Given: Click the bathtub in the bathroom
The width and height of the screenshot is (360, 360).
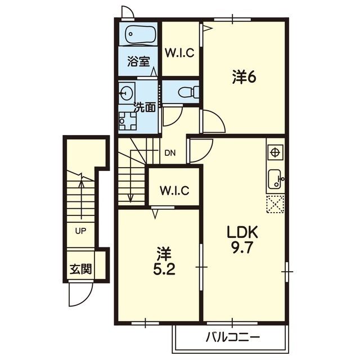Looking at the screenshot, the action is (x=141, y=34).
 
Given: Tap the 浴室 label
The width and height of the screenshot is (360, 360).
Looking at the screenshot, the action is (x=139, y=61).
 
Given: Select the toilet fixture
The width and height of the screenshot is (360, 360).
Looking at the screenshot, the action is (x=188, y=92).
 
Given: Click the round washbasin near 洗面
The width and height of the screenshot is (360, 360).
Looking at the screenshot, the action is (x=126, y=93).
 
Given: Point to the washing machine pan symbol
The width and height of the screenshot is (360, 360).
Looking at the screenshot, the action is (x=128, y=121).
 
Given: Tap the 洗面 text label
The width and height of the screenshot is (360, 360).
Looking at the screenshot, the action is (x=145, y=107).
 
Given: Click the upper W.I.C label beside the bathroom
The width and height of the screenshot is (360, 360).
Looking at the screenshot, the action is (x=180, y=53).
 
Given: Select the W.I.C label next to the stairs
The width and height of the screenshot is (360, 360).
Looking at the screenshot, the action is (x=174, y=190).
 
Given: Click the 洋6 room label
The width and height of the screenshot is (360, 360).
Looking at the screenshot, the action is (x=244, y=77).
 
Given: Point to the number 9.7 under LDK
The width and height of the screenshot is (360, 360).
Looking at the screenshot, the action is (x=242, y=247).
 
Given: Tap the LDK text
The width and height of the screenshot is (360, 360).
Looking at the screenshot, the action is (x=242, y=232).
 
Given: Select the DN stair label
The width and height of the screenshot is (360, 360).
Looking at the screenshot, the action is (x=170, y=153).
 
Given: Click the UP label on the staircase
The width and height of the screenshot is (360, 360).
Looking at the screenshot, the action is (x=80, y=231).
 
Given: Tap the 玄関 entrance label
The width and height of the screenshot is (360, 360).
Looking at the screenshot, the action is (x=81, y=269).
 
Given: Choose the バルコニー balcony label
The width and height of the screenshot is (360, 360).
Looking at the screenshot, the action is (x=232, y=337).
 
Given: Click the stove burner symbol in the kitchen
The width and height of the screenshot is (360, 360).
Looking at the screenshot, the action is (x=275, y=152).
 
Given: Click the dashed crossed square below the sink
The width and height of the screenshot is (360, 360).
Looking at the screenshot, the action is (x=275, y=204).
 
